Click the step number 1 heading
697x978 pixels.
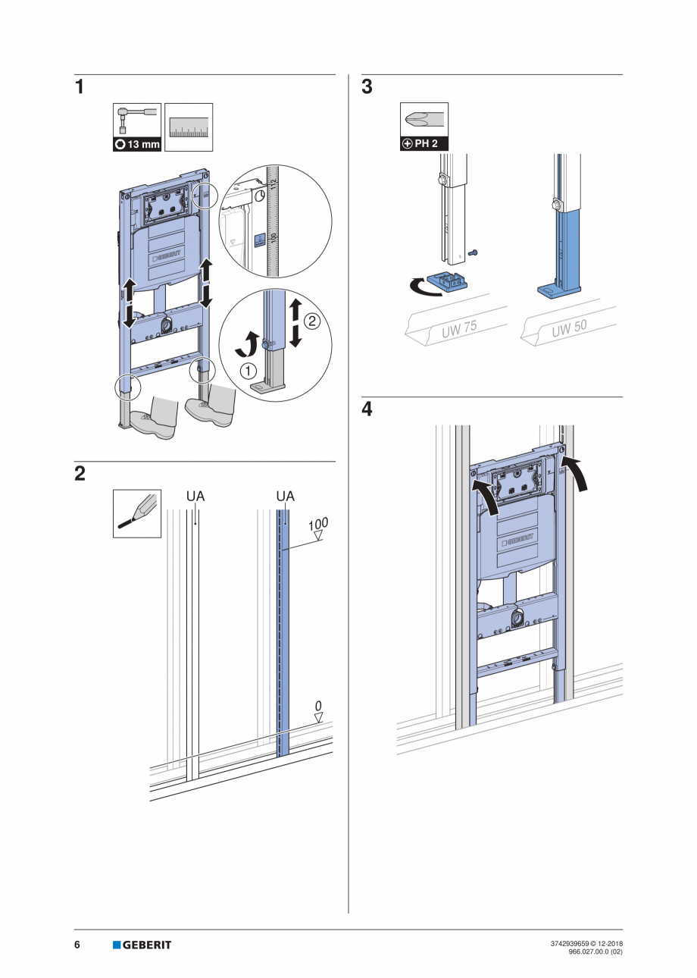point(79,87)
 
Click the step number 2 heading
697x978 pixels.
point(80,475)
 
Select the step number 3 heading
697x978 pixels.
point(367,87)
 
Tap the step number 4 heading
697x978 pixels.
point(367,409)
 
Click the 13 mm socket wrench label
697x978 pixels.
point(137,144)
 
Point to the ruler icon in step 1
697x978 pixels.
point(189,127)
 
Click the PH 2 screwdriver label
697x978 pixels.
point(424,143)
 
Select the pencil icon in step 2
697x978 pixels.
point(137,513)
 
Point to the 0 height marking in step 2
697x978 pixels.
point(318,706)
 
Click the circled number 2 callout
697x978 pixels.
point(311,321)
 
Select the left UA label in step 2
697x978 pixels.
point(195,497)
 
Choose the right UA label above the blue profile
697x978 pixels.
point(285,497)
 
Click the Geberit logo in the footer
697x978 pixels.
point(142,945)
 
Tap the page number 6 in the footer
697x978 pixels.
point(77,945)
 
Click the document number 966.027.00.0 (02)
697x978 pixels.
point(595,951)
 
